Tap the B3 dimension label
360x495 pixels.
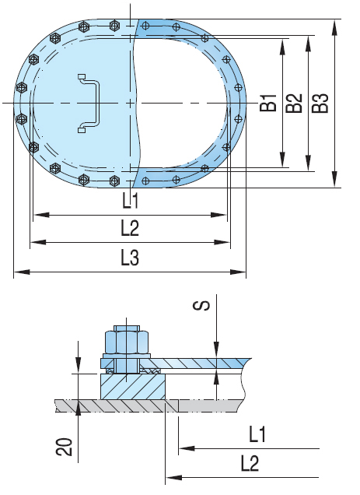click(x=320, y=103)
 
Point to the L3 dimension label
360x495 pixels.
click(x=130, y=259)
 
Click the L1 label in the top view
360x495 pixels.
click(x=130, y=202)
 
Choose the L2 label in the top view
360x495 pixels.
click(x=130, y=230)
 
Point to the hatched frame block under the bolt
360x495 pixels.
click(x=132, y=385)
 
